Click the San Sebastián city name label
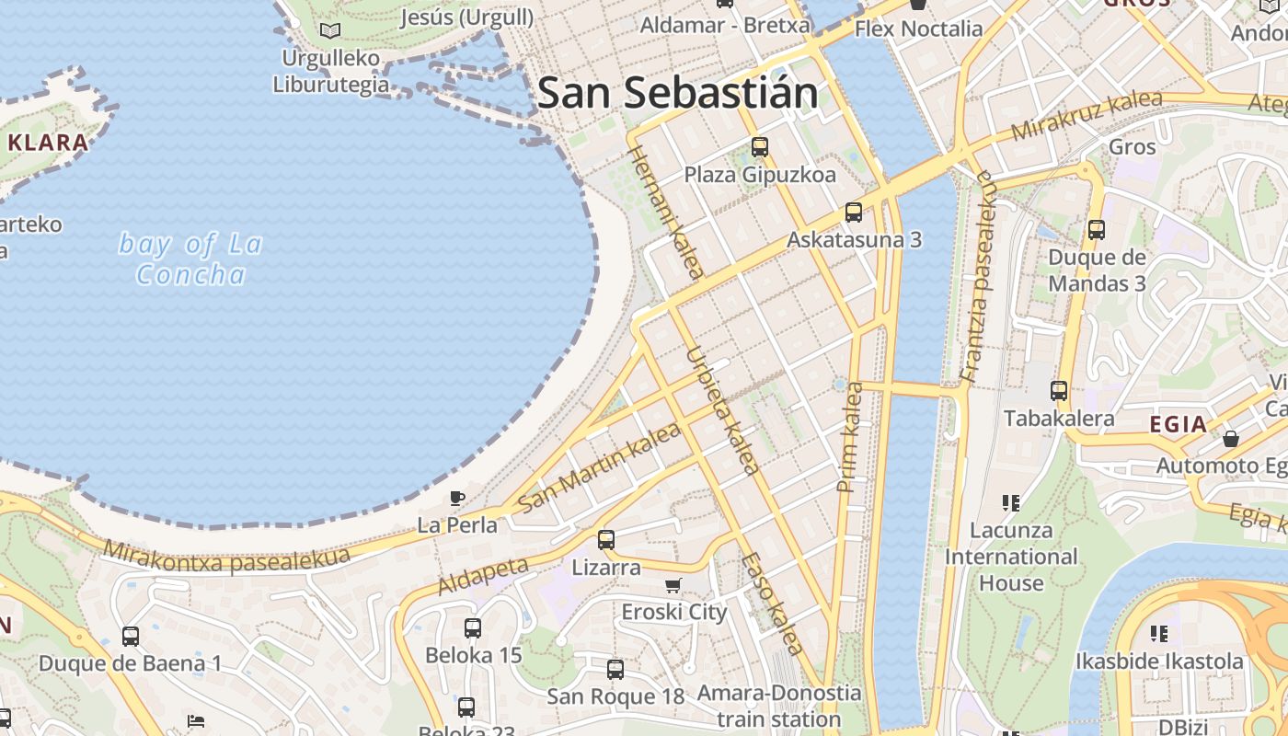click(x=677, y=94)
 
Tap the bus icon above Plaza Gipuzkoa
click(x=760, y=146)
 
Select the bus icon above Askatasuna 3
click(x=854, y=213)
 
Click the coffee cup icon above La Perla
click(x=456, y=499)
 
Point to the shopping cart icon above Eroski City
click(x=673, y=586)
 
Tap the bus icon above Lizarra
click(x=606, y=540)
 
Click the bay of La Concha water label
click(x=190, y=259)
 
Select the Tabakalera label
click(x=1059, y=419)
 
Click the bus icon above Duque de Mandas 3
click(x=1097, y=230)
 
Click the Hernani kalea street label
click(x=666, y=212)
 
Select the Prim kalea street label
click(x=850, y=436)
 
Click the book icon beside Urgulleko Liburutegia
click(x=330, y=30)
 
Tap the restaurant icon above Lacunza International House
click(x=1011, y=502)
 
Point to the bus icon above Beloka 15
click(x=473, y=628)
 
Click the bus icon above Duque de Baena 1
click(x=131, y=636)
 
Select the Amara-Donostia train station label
click(x=779, y=706)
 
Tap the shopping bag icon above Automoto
click(x=1231, y=439)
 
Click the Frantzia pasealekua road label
click(x=979, y=276)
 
